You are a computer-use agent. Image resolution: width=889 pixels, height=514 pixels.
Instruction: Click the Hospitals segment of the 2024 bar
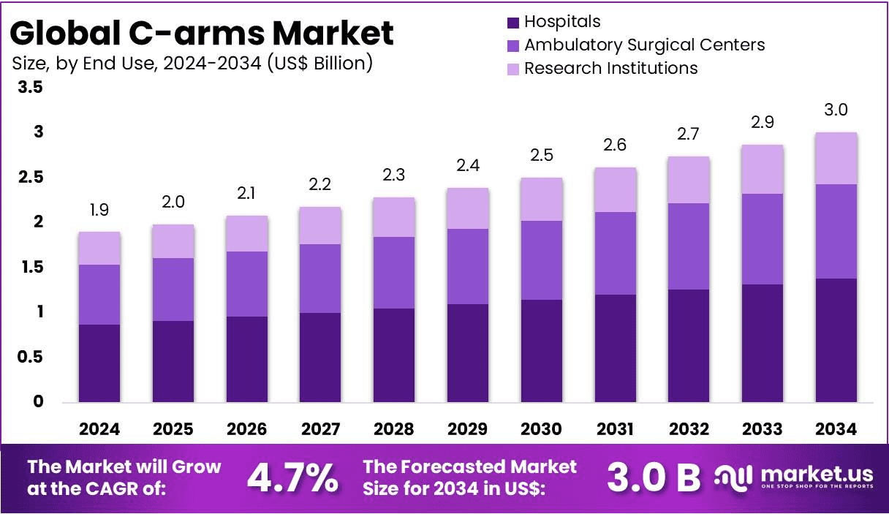99,363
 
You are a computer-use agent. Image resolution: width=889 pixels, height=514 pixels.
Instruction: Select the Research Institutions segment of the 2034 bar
836,158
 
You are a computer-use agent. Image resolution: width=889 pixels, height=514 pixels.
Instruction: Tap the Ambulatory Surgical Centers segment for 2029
467,266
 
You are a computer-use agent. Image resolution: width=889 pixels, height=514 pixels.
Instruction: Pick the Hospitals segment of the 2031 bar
615,348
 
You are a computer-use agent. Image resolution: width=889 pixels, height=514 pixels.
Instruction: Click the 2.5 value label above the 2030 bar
541,155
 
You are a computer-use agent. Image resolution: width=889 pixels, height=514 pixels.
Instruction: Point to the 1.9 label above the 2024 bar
99,211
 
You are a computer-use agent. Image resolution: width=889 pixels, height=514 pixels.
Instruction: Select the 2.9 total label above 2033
763,122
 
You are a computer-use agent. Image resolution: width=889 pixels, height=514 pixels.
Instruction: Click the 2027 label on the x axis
320,429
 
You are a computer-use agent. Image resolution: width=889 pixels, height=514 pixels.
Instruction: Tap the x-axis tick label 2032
689,429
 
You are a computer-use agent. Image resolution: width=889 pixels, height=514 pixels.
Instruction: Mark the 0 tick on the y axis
39,402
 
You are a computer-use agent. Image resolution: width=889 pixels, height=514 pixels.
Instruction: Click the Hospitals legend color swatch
512,23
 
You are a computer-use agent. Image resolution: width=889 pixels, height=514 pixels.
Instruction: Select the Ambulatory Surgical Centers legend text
644,45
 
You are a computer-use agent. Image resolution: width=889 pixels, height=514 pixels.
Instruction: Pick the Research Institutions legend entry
610,68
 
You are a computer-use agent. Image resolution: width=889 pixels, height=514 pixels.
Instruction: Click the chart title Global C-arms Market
203,33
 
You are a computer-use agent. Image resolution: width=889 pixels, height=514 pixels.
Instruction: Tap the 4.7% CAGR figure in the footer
292,477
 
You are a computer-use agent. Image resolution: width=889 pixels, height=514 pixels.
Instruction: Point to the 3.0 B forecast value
654,477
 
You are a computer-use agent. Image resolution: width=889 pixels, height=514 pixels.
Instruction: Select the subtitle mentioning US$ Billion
192,63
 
